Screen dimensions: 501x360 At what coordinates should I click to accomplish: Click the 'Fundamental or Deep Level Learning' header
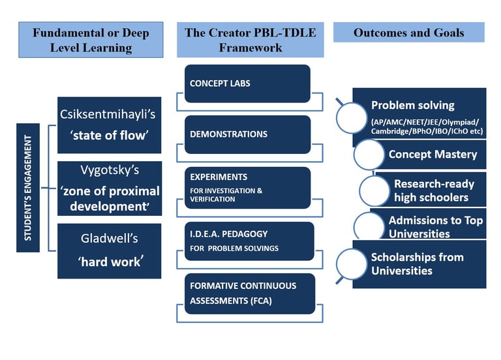click(91, 40)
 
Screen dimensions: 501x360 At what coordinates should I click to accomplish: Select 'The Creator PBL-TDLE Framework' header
click(250, 40)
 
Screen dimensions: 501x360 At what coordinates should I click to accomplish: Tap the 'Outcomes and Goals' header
click(409, 32)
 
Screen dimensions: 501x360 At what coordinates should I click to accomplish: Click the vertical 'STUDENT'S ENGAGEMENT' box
click(28, 188)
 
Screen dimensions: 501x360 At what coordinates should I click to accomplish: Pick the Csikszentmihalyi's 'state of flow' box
click(110, 125)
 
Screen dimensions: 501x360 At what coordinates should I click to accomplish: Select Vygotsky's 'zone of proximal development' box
click(110, 188)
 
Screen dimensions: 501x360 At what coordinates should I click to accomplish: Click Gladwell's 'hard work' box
click(110, 251)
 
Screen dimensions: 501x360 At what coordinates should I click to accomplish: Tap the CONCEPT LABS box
click(247, 83)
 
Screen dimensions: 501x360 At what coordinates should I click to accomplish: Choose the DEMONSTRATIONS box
click(247, 134)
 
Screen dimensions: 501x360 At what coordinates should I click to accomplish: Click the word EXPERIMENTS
click(219, 177)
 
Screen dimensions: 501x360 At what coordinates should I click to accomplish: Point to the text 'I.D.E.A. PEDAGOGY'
click(229, 234)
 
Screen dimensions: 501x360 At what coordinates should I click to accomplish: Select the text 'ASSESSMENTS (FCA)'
click(231, 301)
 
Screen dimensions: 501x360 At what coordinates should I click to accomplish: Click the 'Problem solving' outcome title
click(413, 105)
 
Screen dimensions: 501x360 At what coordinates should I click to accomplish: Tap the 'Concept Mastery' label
click(433, 155)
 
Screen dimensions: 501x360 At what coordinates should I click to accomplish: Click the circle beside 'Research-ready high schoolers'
click(374, 190)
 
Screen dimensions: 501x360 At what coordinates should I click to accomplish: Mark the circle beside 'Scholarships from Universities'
click(352, 265)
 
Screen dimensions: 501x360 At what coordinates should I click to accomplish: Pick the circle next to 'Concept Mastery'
click(369, 155)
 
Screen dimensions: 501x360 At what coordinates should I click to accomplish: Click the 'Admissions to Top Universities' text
click(436, 227)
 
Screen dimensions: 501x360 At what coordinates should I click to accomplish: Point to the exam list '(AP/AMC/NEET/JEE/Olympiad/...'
click(427, 127)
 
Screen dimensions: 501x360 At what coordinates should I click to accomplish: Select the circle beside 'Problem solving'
click(352, 117)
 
